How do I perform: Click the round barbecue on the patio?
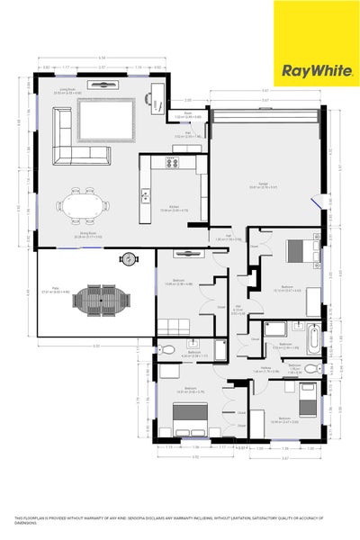tap(129, 259)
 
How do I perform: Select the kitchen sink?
tap(144, 194)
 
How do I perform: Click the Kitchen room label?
tap(174, 207)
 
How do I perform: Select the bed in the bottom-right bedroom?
tap(306, 399)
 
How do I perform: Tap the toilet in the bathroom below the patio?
tap(164, 350)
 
